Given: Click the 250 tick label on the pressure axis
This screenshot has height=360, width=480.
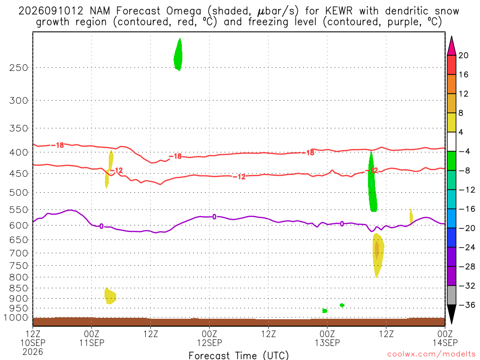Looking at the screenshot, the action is click(19, 67).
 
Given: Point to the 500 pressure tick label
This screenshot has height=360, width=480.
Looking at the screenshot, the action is click(19, 193).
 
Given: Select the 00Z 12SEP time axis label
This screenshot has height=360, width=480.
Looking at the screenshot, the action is click(210, 338).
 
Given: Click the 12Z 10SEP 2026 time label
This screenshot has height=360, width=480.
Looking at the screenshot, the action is click(33, 343).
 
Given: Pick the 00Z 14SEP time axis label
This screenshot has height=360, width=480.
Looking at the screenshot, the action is click(445, 338).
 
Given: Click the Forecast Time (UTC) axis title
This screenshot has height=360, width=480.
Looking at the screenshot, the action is click(239, 355).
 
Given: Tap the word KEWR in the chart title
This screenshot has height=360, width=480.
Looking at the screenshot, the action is click(339, 11).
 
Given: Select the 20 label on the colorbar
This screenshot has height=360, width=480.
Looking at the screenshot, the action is click(464, 55).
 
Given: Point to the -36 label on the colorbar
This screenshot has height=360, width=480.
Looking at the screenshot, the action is click(466, 305).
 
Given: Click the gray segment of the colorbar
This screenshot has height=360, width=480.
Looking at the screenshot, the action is click(451, 295).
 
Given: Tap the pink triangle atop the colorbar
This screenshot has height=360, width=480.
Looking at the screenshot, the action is click(451, 46).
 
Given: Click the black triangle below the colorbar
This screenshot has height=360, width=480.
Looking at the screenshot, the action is click(451, 314).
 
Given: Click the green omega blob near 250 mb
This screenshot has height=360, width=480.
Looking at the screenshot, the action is click(178, 55).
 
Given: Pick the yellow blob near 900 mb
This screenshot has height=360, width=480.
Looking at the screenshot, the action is click(110, 296).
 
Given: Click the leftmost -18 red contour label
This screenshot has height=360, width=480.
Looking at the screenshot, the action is click(57, 145).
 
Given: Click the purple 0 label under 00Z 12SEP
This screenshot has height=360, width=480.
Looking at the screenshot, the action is click(214, 217).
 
